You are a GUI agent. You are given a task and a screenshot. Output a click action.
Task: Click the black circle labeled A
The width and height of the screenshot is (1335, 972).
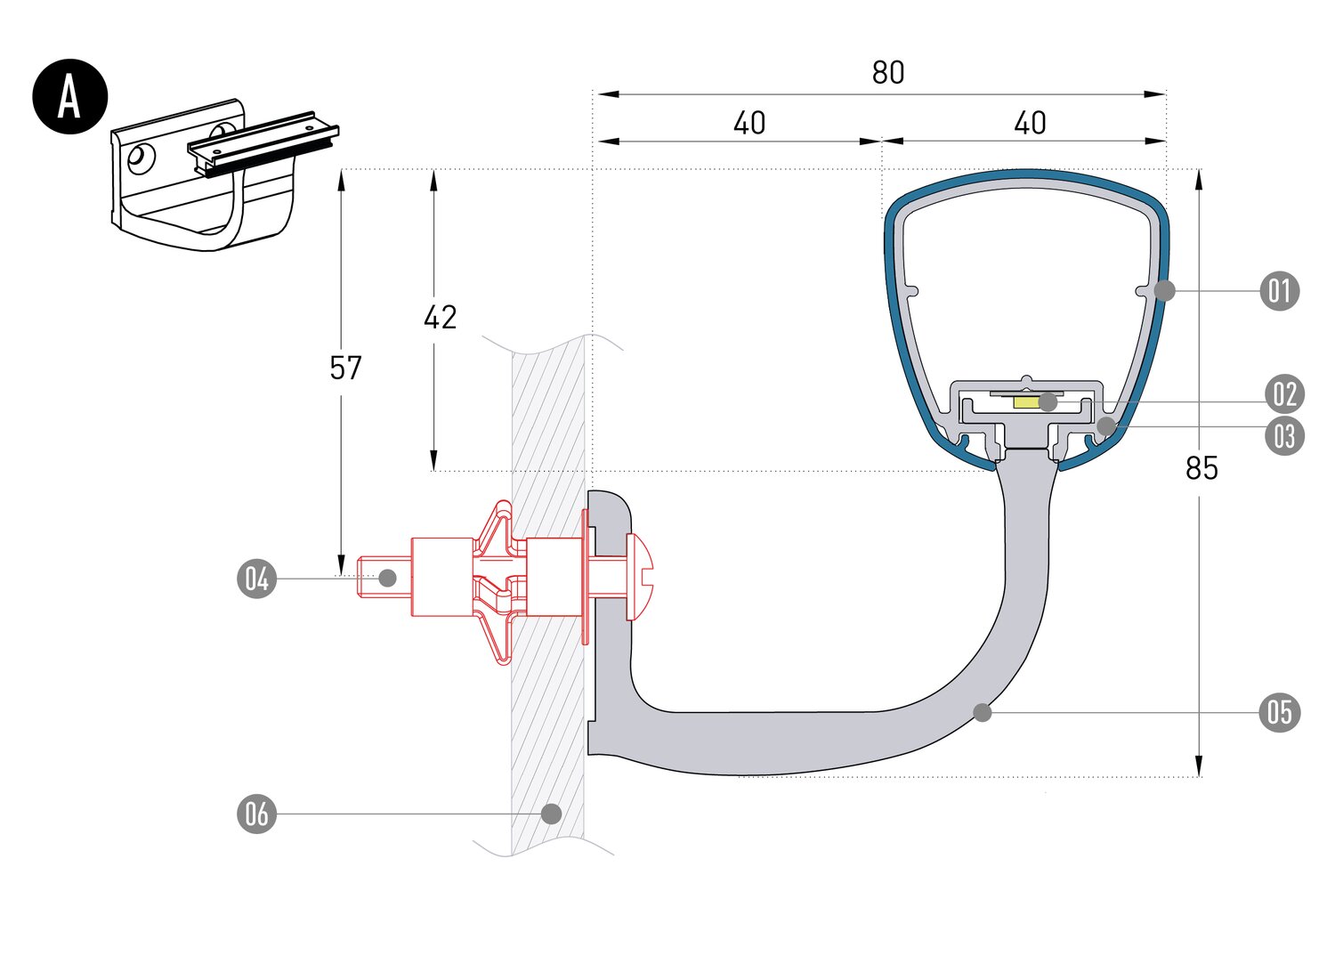coord(69,96)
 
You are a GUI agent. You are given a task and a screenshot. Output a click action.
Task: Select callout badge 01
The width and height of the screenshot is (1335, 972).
coord(1280,291)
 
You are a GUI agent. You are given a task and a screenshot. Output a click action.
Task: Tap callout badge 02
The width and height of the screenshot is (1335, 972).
coord(1284,393)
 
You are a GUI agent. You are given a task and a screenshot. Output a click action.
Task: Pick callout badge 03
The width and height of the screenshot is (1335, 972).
coord(1284,436)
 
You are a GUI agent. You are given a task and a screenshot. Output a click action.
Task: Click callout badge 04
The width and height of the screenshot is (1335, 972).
coord(256,579)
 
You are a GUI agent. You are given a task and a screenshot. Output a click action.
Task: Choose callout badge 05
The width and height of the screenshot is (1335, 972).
coord(1280,713)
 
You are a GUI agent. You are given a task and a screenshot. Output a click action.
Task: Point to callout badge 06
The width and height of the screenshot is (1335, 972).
coord(256,814)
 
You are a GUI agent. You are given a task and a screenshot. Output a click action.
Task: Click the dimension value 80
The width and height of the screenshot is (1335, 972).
coord(887,73)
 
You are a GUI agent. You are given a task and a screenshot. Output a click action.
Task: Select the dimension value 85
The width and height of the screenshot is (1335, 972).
coord(1201,468)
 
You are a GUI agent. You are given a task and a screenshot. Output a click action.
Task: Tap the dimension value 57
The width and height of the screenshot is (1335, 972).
coord(345,368)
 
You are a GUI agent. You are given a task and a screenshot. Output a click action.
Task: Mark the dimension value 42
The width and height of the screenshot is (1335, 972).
coord(440,318)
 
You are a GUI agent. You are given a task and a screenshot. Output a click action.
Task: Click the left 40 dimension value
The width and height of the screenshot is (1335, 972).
coord(748,124)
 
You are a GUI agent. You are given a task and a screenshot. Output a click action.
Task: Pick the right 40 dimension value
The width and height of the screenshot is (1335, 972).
coord(1030,124)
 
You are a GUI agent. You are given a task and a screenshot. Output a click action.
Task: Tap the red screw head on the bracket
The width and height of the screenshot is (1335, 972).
coord(640,577)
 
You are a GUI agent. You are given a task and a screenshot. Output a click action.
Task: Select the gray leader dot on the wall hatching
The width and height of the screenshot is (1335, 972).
coord(551,814)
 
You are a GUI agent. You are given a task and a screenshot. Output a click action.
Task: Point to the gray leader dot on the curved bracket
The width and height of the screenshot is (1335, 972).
coord(983,713)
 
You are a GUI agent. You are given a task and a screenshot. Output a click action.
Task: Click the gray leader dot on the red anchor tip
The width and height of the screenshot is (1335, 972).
coord(387,578)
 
